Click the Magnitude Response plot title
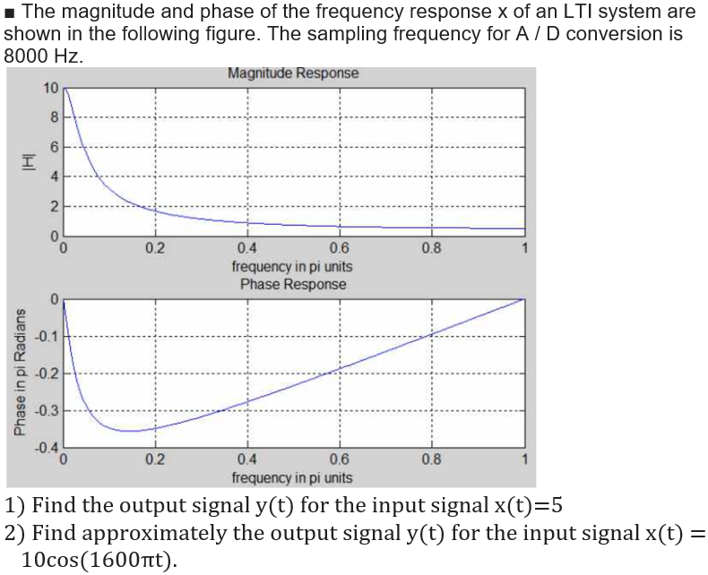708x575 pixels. click(293, 73)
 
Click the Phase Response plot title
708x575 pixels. click(292, 284)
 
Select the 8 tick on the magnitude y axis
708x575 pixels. click(55, 116)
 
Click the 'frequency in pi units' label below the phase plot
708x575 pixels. click(292, 478)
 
